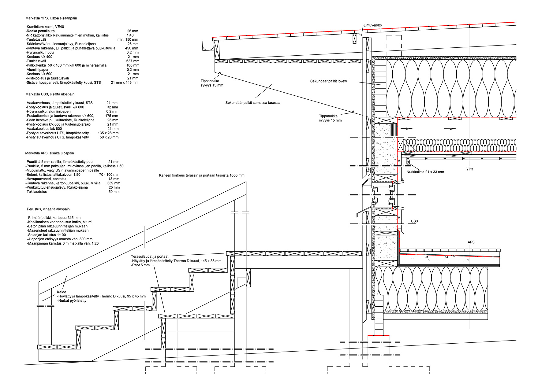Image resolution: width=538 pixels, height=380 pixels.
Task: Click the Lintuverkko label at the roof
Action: click(x=372, y=25)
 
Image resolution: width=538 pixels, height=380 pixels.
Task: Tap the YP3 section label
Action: click(x=469, y=169)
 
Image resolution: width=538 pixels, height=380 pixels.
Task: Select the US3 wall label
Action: click(x=414, y=221)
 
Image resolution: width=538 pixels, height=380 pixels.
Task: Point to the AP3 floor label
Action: click(x=471, y=242)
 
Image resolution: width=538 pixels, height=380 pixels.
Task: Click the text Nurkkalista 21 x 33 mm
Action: click(x=425, y=172)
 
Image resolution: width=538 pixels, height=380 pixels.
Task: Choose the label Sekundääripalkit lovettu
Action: click(x=329, y=81)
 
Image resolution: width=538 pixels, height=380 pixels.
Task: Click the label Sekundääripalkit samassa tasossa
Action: click(x=252, y=103)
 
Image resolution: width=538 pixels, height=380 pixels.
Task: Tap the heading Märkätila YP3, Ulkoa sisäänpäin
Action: click(x=51, y=18)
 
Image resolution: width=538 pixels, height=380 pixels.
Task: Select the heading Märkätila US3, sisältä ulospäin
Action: click(x=50, y=94)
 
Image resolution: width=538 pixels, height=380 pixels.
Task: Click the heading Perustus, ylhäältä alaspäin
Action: click(x=48, y=209)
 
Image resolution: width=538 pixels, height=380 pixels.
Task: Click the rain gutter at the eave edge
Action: click(x=208, y=47)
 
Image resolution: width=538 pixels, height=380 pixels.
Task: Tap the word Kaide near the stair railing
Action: click(x=62, y=292)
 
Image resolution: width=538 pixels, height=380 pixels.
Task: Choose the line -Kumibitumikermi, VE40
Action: click(x=45, y=27)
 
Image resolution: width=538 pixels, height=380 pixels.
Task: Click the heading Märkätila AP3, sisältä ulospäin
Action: click(x=49, y=153)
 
